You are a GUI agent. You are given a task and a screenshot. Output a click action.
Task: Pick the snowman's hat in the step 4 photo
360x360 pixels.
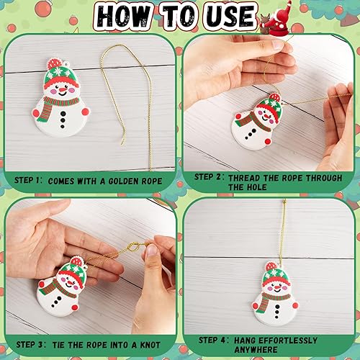[x=275, y=274]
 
